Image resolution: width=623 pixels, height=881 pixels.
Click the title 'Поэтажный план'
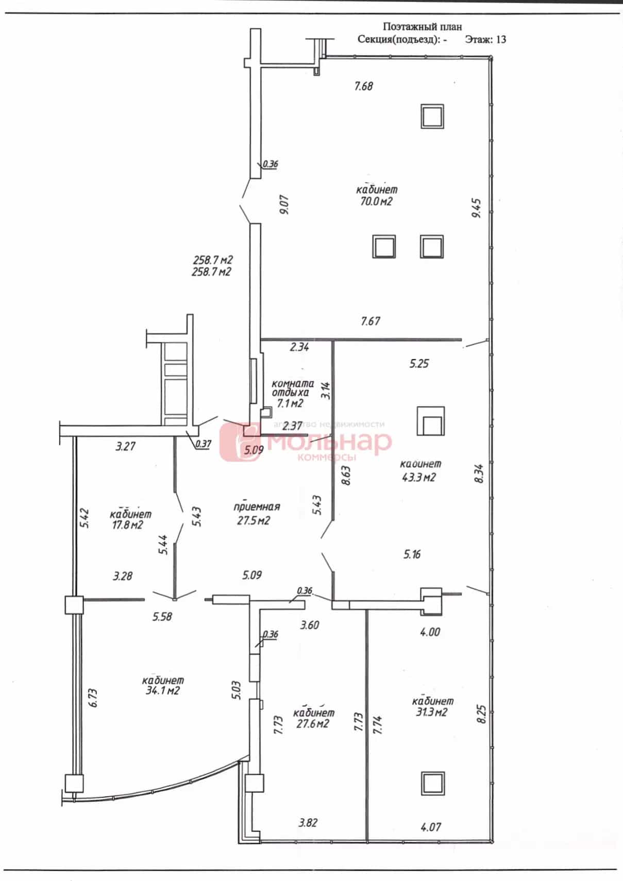click(x=422, y=26)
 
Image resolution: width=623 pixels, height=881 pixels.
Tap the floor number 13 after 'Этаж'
click(x=501, y=39)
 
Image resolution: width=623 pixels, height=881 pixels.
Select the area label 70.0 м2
click(x=376, y=201)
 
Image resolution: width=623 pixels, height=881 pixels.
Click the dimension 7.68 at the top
click(x=363, y=86)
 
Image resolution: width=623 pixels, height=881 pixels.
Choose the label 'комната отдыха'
click(x=293, y=388)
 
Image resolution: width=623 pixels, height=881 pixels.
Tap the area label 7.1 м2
click(x=290, y=403)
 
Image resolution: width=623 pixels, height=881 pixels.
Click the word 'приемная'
click(x=257, y=506)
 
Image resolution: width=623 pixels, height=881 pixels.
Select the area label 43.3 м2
click(x=418, y=477)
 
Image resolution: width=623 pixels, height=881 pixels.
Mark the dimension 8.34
click(x=479, y=474)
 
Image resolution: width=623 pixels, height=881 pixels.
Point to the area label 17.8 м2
click(x=127, y=524)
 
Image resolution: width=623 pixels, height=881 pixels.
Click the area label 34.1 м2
click(x=162, y=690)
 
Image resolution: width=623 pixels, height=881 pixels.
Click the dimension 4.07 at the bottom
click(x=431, y=827)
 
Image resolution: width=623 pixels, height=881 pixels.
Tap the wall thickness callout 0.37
click(x=204, y=444)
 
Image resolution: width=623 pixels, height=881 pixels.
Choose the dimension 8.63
click(x=346, y=476)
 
